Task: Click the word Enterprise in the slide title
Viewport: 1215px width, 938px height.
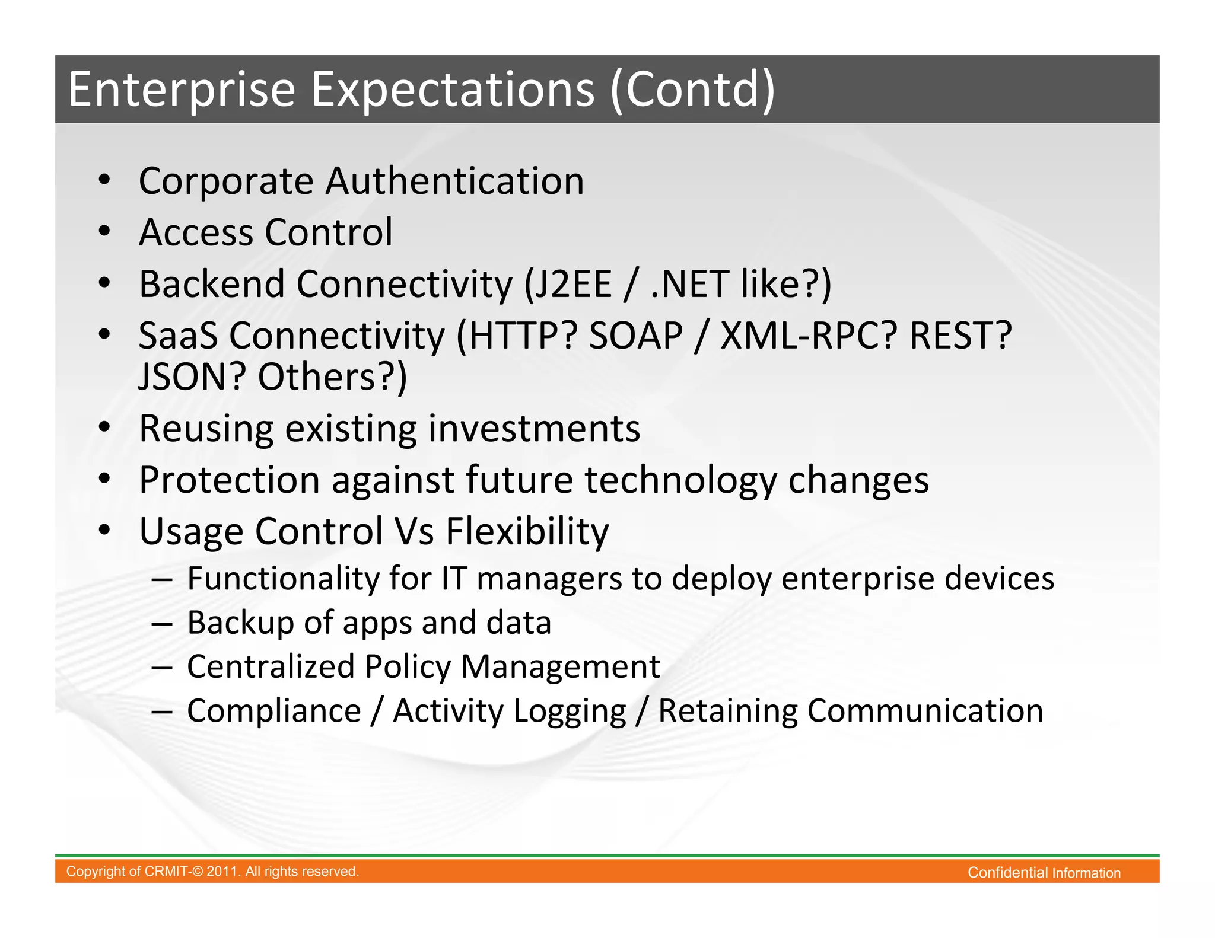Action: point(182,90)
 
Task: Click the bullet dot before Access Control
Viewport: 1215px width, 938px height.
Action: point(105,231)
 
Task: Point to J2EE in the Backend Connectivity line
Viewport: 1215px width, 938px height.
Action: point(574,284)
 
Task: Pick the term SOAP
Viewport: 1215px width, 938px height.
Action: point(635,336)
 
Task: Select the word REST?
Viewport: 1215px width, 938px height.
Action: point(960,336)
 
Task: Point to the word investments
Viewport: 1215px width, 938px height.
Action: point(534,428)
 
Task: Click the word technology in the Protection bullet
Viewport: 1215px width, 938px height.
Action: point(680,480)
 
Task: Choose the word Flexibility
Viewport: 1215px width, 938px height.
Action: point(527,531)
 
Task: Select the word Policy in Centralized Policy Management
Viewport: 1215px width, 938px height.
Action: point(408,666)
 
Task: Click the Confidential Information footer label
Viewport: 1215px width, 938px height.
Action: point(1044,872)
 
